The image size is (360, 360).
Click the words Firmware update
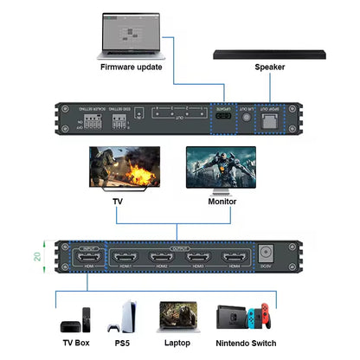tap(131, 67)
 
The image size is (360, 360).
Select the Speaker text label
tap(269, 67)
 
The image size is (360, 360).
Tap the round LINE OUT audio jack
tap(245, 115)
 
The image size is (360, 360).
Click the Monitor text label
tap(222, 202)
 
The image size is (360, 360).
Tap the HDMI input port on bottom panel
tap(87, 258)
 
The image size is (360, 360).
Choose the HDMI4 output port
tap(235, 258)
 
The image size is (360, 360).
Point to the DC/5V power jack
tap(267, 257)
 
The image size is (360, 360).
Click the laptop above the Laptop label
tap(184, 317)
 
